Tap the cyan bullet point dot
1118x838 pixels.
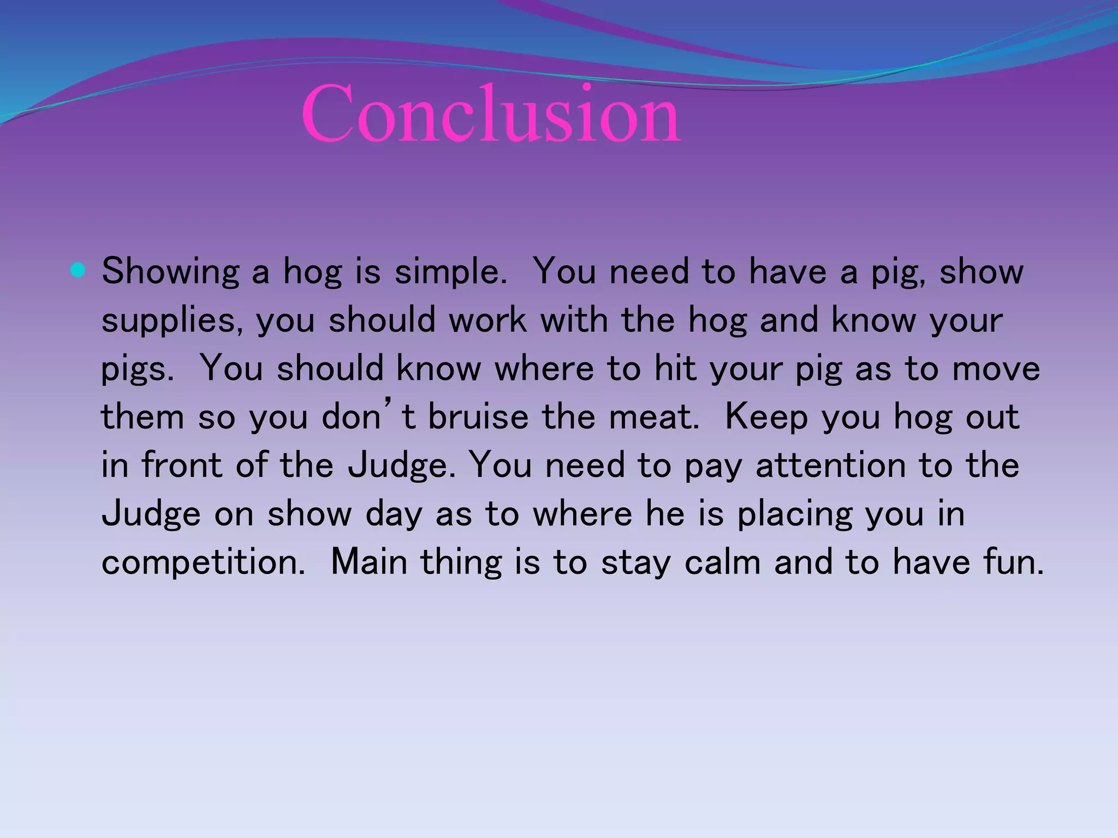click(78, 270)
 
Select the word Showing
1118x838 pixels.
click(170, 271)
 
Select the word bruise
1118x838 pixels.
click(478, 417)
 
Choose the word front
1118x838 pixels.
click(182, 465)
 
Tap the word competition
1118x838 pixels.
click(203, 562)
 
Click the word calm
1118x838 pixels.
click(722, 562)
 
